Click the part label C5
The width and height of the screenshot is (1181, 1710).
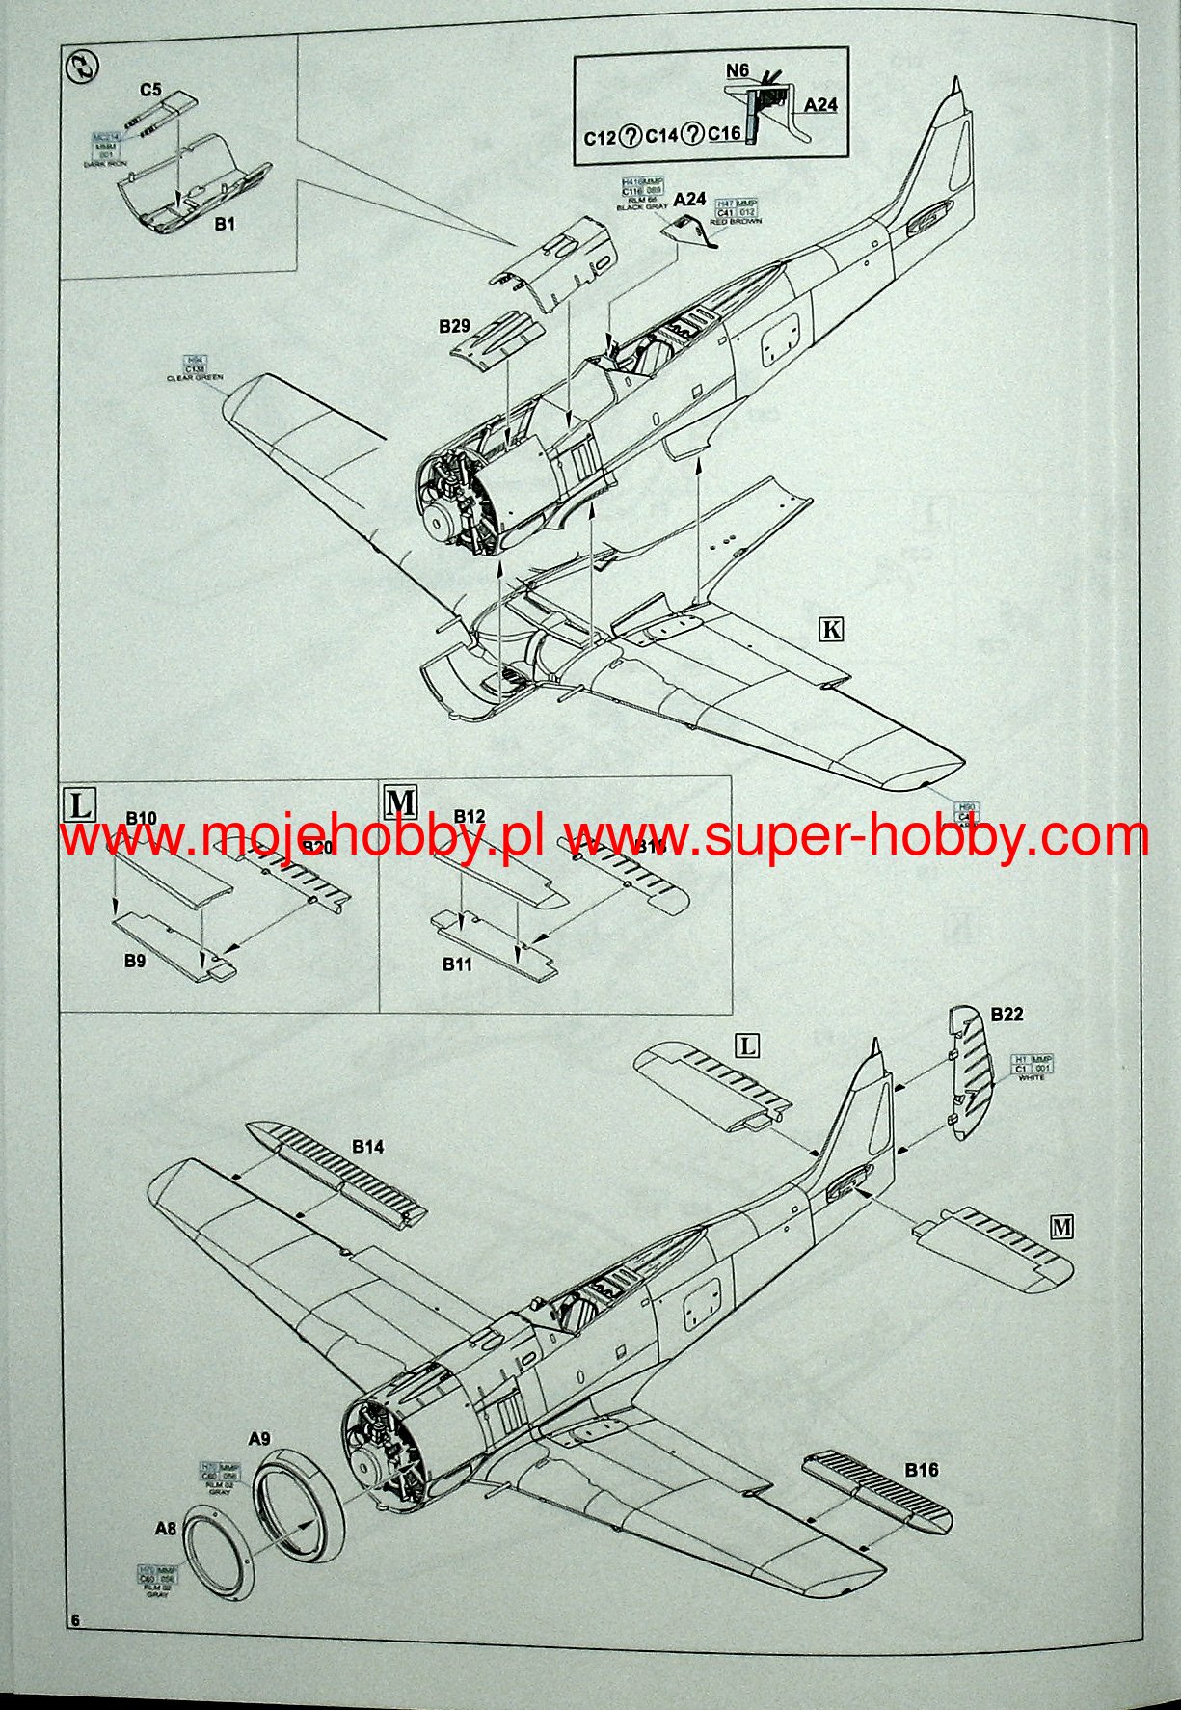[x=150, y=91]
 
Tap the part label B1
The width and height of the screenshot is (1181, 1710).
[x=225, y=224]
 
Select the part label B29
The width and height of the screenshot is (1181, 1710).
[x=454, y=326]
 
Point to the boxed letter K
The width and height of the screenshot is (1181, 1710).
[x=830, y=630]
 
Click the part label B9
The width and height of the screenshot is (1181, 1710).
[x=134, y=961]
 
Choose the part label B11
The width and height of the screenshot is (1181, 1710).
[x=457, y=964]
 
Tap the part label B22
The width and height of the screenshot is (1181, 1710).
[x=1007, y=1014]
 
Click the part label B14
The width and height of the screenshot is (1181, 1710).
[x=367, y=1147]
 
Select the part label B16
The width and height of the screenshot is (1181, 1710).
[x=921, y=1470]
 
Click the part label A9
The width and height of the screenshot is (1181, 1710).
[x=258, y=1439]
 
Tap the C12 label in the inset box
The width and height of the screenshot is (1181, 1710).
[x=599, y=137]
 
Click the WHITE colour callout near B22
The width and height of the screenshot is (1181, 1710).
[x=1031, y=1076]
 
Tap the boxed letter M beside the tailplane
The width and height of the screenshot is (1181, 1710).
[x=1061, y=1227]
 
